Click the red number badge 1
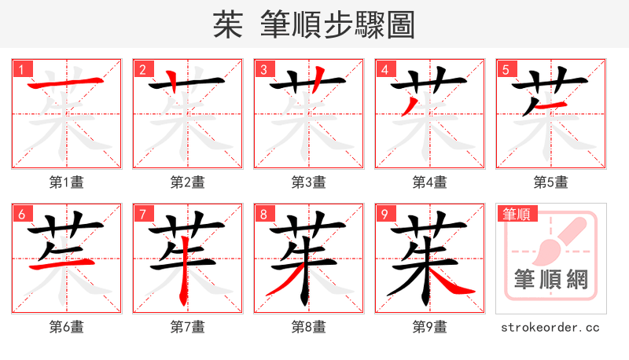point(21,69)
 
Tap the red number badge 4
point(384,69)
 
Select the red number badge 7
point(142,214)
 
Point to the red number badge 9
point(384,214)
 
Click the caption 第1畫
point(67,182)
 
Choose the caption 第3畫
point(309,182)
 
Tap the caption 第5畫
point(551,182)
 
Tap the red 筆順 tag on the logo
point(517,214)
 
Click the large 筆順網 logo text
point(551,280)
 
